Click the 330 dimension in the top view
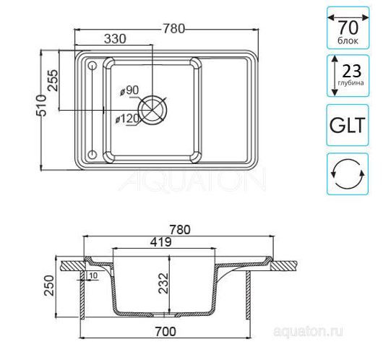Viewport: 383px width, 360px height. click(x=115, y=39)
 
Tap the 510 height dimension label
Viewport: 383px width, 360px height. click(x=41, y=105)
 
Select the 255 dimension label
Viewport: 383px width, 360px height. click(x=53, y=80)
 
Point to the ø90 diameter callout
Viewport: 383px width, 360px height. click(x=129, y=90)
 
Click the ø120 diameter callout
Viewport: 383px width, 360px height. click(x=127, y=119)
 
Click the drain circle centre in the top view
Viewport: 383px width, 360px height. click(x=152, y=109)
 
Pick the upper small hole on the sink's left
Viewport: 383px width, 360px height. click(x=92, y=66)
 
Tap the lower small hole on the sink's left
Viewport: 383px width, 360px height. click(x=92, y=154)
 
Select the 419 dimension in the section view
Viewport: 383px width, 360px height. click(x=160, y=242)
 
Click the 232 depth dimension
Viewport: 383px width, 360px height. click(x=163, y=283)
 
